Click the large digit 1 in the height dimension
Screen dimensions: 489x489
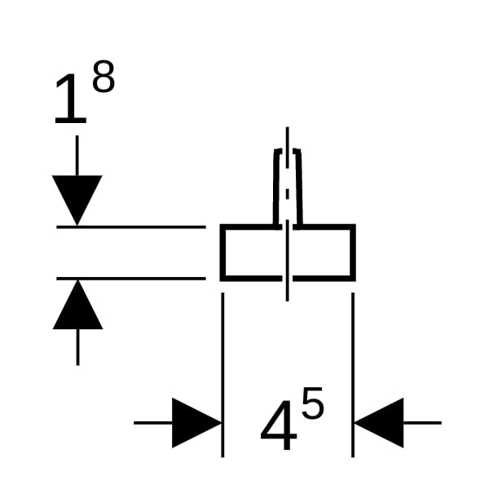(x=71, y=99)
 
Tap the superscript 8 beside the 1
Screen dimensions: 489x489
(x=104, y=77)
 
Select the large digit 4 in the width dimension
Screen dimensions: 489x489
(x=279, y=425)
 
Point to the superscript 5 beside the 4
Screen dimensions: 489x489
(x=312, y=403)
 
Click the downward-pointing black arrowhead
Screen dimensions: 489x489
(x=77, y=200)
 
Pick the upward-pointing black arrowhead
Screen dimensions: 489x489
(x=77, y=304)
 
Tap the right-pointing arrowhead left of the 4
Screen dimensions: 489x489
(x=196, y=423)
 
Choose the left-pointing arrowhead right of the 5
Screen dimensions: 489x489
(x=379, y=423)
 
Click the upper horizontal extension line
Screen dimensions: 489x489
(x=131, y=227)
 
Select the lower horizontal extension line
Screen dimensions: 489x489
(x=131, y=279)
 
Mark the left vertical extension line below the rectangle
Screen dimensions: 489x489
(x=222, y=375)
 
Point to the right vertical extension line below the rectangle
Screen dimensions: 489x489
(x=353, y=375)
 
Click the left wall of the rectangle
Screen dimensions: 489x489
(x=222, y=253)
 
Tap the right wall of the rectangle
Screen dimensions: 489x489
(x=353, y=253)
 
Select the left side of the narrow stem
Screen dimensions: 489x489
(x=276, y=187)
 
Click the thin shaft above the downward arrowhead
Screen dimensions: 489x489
(x=77, y=156)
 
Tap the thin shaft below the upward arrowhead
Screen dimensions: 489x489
(x=77, y=347)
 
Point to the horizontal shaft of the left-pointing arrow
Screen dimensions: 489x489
(x=422, y=423)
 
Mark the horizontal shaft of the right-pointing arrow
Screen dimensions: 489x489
(x=153, y=423)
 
